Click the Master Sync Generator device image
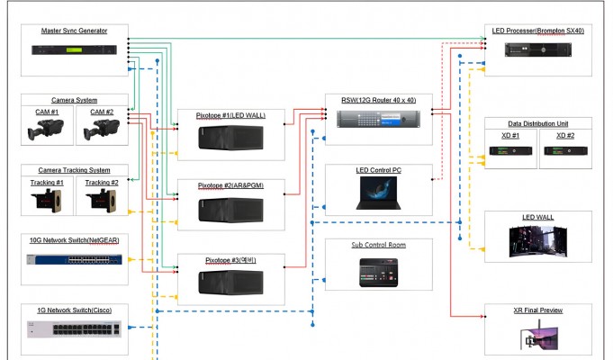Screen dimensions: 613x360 75,50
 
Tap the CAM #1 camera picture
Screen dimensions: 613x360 45,130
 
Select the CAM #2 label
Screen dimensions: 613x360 102,112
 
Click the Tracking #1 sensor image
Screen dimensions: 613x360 47,201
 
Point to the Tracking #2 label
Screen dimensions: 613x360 102,183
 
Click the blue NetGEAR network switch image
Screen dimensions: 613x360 75,259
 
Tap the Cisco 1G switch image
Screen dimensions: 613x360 75,329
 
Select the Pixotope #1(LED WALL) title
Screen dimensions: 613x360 230,115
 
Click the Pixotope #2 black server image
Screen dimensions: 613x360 230,211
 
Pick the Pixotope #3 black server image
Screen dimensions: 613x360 230,283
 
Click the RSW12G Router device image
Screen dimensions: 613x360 378,119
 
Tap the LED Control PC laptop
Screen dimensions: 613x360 378,193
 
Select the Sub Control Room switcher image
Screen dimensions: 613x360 378,273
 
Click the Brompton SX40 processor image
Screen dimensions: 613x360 538,50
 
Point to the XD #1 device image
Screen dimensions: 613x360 510,151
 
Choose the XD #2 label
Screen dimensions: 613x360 565,136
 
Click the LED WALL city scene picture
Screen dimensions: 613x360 538,241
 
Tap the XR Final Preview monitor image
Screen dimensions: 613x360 538,336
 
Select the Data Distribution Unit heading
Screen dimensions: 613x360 538,123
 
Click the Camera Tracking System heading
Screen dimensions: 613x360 75,170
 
